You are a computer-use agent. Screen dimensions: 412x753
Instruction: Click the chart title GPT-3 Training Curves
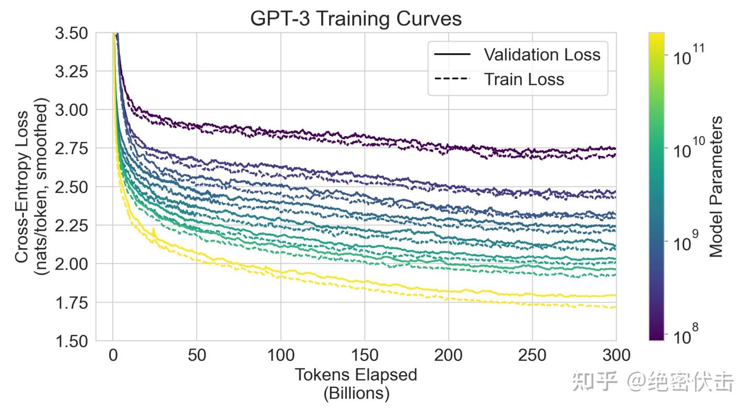point(356,18)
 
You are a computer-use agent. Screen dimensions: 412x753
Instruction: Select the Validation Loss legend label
point(542,54)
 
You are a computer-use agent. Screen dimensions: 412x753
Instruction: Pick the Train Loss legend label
point(524,80)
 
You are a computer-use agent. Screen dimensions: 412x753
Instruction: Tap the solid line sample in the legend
point(452,54)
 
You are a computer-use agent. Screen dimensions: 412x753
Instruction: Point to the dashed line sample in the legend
point(452,80)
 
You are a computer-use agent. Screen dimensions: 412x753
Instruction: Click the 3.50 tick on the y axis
point(72,34)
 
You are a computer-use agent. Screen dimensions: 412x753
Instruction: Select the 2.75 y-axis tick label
point(72,149)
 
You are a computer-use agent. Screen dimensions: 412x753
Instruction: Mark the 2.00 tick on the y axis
point(72,264)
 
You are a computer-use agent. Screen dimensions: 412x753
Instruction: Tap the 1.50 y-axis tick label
point(72,341)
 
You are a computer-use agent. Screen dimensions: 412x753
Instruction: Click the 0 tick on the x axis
point(112,356)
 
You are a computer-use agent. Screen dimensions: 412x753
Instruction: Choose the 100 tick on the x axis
point(280,356)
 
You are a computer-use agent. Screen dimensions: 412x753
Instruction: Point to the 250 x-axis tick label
point(532,356)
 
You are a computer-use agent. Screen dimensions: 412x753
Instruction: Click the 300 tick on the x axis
point(615,356)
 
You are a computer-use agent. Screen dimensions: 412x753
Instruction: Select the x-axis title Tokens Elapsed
point(356,375)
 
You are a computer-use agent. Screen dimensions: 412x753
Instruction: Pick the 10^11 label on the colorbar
point(689,54)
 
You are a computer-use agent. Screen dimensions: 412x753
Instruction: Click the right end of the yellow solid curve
point(615,295)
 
